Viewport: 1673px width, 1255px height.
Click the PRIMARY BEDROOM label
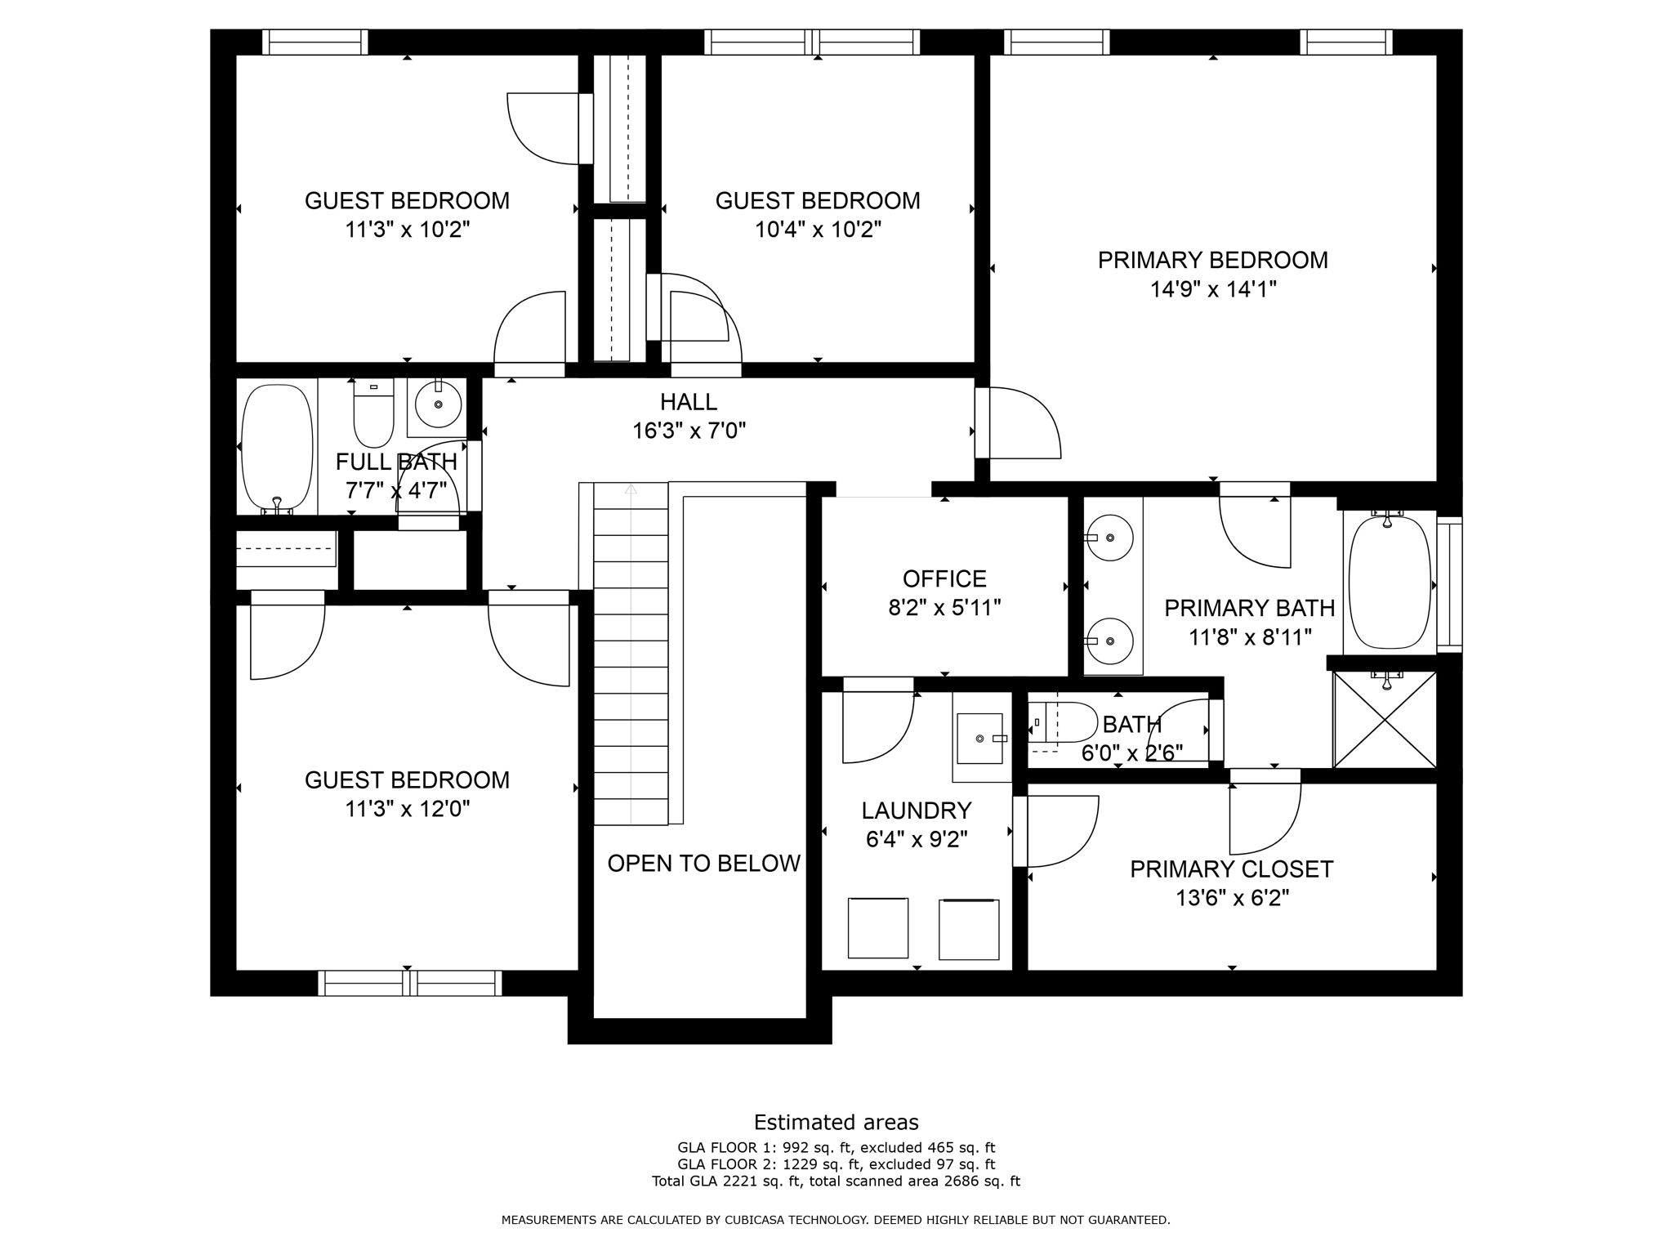pos(1212,260)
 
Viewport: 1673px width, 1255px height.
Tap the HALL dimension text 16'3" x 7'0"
pos(689,431)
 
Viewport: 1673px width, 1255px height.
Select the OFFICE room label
pos(944,578)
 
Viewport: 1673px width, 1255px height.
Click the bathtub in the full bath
pos(277,447)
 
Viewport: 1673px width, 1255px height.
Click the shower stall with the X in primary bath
pos(1385,720)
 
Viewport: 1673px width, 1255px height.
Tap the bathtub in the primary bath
pos(1390,581)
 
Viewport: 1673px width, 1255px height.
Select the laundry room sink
pos(979,738)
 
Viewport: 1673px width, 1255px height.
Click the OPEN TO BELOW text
pos(703,864)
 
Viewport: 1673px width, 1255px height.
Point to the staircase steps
pos(631,654)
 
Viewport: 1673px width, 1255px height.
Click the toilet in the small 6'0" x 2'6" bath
pos(1062,722)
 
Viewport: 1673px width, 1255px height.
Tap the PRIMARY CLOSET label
pos(1231,869)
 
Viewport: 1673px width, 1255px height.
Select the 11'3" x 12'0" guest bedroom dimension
pos(407,809)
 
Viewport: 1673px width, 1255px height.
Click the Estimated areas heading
pos(836,1122)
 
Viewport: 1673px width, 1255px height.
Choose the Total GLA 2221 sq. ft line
pos(836,1181)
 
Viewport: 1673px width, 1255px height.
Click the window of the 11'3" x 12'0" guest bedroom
pos(409,983)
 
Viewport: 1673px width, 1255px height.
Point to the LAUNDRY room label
pos(916,811)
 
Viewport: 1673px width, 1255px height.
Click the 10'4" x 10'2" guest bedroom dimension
pos(818,230)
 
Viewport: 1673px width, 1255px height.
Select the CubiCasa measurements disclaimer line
pos(836,1220)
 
